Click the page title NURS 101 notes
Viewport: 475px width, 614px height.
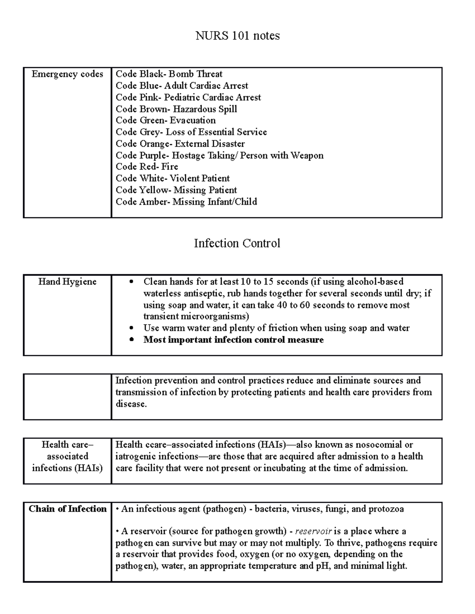pos(237,36)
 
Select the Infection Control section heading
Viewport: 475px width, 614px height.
pos(237,243)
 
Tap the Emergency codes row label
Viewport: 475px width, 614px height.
pos(67,74)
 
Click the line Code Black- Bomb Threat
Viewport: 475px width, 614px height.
pos(169,74)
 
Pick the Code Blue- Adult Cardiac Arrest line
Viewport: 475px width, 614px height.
pos(182,86)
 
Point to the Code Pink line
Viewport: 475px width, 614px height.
pos(188,98)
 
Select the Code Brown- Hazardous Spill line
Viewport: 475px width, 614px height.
pos(176,109)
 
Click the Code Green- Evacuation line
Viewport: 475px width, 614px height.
pos(165,121)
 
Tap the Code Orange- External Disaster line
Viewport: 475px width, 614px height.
pos(180,144)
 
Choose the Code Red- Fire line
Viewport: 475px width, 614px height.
pos(146,167)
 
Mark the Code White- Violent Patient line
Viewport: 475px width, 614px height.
pos(173,178)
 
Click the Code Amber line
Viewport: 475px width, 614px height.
pos(186,202)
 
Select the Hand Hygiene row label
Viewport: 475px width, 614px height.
pos(67,282)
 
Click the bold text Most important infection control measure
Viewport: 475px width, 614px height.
pos(233,340)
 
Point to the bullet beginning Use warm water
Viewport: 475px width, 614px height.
pos(276,328)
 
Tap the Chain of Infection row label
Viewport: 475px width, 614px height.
pos(67,509)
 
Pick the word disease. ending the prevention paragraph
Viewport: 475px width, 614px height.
pos(131,404)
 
